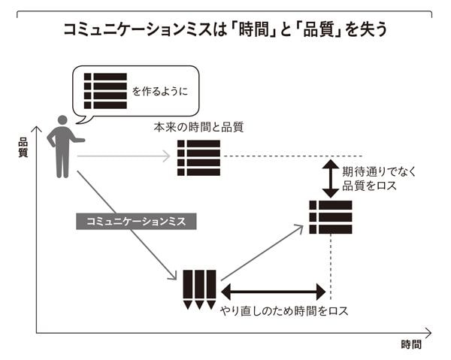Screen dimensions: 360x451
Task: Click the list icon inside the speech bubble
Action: coord(105,91)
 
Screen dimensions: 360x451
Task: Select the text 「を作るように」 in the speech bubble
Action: coord(160,92)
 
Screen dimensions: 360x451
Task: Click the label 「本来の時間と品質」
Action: coord(198,127)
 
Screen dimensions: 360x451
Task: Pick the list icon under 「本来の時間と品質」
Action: coord(198,157)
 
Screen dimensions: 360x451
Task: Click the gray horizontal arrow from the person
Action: coord(124,156)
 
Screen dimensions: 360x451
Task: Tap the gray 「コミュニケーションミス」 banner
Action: coord(136,221)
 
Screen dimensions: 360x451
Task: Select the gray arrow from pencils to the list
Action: coord(262,252)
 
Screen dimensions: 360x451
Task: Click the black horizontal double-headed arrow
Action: coord(273,292)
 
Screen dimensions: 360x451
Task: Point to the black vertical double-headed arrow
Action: coord(330,177)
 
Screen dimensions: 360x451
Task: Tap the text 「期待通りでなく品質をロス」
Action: coord(380,178)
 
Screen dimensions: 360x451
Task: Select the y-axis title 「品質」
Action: coord(23,147)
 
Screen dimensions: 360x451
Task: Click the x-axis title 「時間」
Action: coord(410,345)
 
